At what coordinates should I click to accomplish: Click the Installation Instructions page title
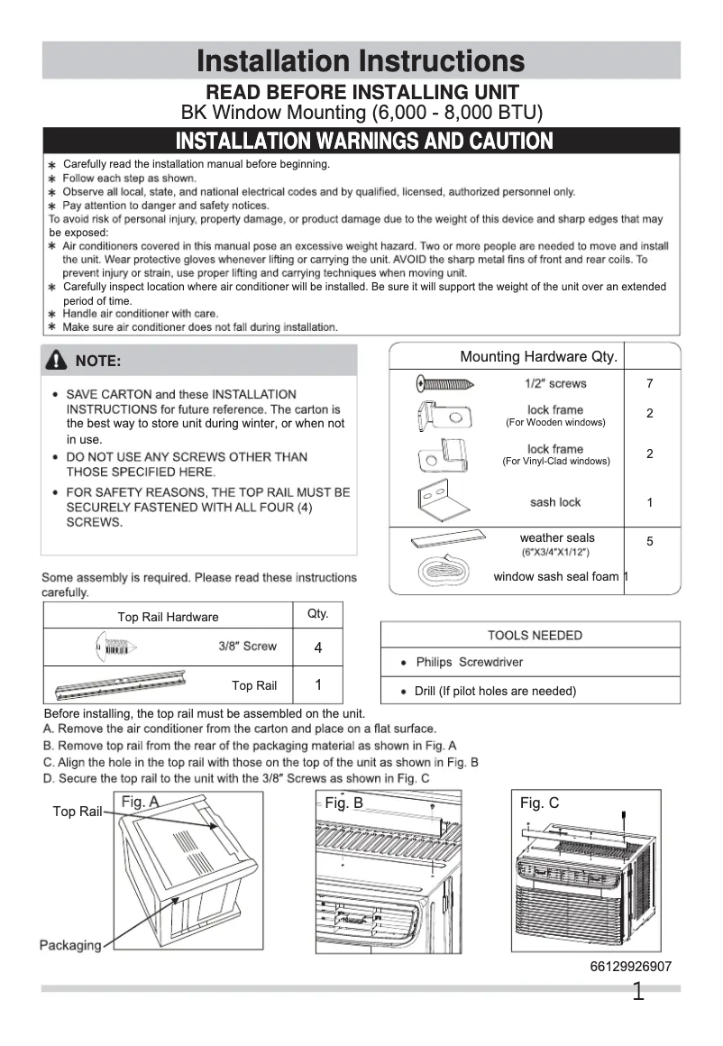(361, 61)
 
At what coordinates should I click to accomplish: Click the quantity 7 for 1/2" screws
(649, 384)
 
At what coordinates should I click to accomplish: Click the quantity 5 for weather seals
(649, 541)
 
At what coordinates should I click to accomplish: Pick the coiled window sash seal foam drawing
(443, 573)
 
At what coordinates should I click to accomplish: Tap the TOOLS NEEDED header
(535, 635)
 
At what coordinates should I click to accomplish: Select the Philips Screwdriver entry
(469, 662)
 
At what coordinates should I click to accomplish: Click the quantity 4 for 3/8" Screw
(318, 648)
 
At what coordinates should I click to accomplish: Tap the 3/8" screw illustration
(113, 647)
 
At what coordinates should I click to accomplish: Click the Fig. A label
(140, 802)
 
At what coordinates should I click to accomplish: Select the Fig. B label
(343, 803)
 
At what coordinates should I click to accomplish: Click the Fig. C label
(539, 803)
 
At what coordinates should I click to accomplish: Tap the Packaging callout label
(69, 945)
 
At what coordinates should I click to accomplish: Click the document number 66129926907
(630, 967)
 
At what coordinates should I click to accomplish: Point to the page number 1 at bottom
(637, 993)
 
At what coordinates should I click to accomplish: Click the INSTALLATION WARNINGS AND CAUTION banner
(363, 142)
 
